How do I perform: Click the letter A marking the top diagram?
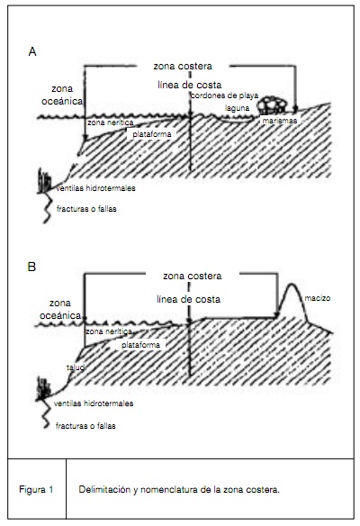[32, 52]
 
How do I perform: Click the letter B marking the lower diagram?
[31, 267]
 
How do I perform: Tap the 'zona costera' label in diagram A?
[183, 66]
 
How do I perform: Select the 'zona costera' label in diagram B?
[193, 277]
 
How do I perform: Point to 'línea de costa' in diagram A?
[190, 85]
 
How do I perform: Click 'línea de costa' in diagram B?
[189, 299]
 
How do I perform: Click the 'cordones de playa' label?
[225, 95]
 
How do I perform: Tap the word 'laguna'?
[238, 108]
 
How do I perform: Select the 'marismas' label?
[280, 121]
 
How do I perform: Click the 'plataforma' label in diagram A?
[152, 134]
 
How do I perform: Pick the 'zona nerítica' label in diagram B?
[109, 331]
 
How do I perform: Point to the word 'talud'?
[75, 367]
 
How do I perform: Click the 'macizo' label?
[318, 298]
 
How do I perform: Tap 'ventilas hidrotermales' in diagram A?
[95, 188]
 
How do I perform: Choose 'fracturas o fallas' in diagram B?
[85, 426]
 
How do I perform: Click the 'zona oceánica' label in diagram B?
[60, 309]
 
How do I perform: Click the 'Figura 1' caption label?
[36, 489]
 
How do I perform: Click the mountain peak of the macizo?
[291, 285]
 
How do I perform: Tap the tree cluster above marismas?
[272, 105]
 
